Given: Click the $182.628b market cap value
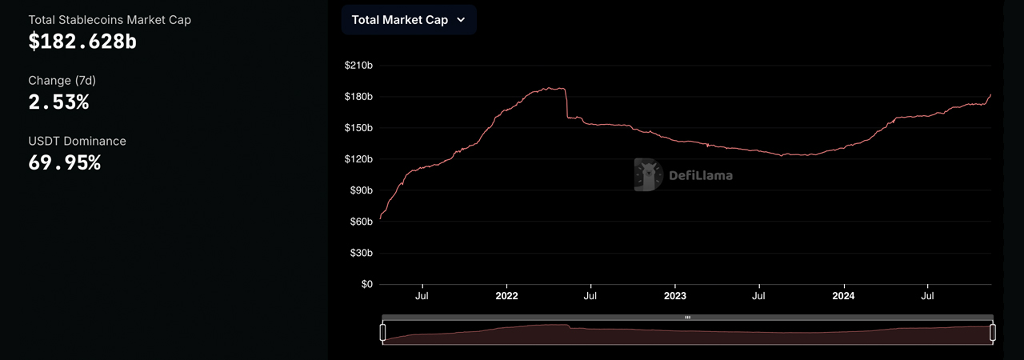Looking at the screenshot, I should [82, 42].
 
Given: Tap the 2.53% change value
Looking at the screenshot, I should [58, 102].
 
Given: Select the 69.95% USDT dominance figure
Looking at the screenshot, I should [64, 163].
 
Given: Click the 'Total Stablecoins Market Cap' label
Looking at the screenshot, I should [110, 19].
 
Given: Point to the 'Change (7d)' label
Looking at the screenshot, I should [62, 80].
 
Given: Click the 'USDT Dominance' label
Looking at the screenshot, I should [77, 141].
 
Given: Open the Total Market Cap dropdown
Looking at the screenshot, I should [409, 20].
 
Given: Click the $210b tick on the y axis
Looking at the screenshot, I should [358, 66].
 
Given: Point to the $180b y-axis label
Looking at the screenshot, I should [358, 97].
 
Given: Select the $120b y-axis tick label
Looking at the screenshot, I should [358, 159].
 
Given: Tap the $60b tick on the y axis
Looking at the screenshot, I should [361, 222].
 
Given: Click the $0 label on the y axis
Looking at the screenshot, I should [366, 284].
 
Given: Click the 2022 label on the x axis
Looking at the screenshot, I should [506, 296].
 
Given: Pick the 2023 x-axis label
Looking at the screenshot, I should [674, 296].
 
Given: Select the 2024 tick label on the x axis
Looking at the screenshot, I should [843, 296].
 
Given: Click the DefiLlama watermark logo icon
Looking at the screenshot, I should [648, 174].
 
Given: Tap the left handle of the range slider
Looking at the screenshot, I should [382, 332].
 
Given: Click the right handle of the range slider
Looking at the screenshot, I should [993, 332].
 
